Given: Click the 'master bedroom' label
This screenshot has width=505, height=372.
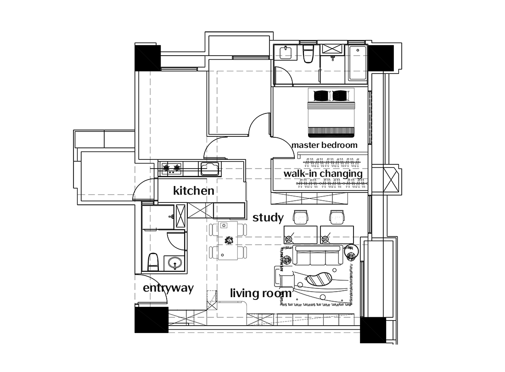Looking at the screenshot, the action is [324, 145].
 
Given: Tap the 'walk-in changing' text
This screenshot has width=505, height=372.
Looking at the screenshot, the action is [323, 174].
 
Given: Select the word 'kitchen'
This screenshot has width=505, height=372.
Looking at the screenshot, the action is [194, 190].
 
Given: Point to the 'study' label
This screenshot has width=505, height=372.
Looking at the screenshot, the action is [268, 218].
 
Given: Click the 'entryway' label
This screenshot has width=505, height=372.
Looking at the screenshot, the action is [168, 288].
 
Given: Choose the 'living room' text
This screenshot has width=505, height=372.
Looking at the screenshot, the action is [261, 293].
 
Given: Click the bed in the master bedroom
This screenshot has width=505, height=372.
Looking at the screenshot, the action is [331, 113].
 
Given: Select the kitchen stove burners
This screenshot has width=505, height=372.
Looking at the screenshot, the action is [171, 168].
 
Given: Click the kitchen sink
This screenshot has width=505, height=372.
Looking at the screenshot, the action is [210, 168].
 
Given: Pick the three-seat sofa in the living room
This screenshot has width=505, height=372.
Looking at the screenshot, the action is [318, 255].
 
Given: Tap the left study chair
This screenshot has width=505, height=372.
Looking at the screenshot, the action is [301, 217].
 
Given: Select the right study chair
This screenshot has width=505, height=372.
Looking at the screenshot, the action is [337, 217].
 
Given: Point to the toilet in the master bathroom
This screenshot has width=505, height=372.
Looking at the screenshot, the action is [309, 54].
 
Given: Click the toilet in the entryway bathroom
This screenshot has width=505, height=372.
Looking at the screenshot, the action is [153, 261].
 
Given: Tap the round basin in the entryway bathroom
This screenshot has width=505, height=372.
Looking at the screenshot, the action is [175, 263].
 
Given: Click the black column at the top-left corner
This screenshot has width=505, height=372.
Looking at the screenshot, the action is [147, 58].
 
